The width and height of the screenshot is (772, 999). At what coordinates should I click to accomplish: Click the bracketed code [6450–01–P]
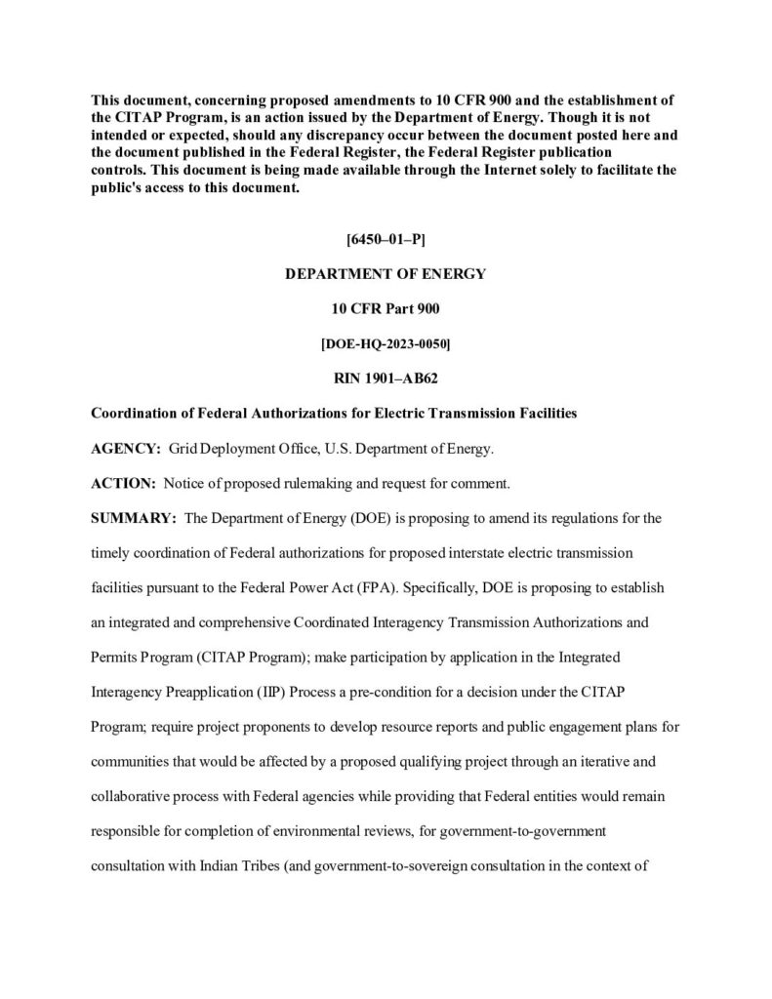pos(386,239)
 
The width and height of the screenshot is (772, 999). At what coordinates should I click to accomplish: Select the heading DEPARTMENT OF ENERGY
pos(386,274)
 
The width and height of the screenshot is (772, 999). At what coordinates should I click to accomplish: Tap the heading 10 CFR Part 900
pos(386,308)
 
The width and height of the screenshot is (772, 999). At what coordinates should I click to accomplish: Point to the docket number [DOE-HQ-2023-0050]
pos(386,342)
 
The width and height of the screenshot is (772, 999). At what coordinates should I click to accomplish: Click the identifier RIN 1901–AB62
pos(386,377)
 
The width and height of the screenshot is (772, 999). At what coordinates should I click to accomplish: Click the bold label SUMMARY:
pos(133,517)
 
